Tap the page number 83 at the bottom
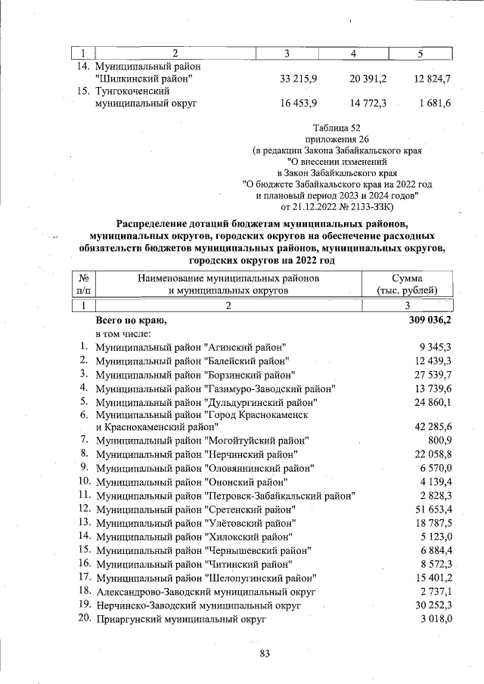point(265,655)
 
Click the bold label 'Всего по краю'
point(130,320)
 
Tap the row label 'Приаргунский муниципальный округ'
point(181,620)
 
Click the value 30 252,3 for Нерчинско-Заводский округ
point(432,606)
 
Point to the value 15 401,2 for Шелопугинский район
point(432,578)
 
